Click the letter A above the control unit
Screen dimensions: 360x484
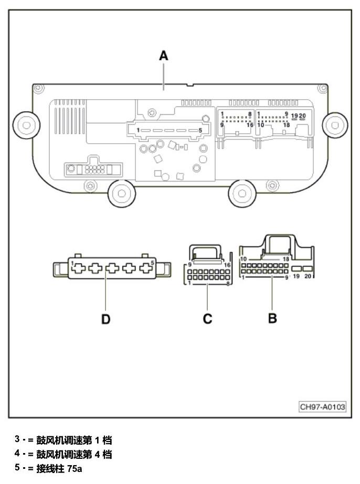click(x=163, y=56)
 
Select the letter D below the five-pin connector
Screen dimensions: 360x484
click(x=105, y=319)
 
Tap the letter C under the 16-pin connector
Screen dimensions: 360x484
click(x=207, y=318)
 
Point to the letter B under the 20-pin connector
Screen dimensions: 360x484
click(x=272, y=318)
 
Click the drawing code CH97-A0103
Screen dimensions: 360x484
click(x=322, y=406)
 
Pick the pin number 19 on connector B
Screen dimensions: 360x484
click(x=296, y=276)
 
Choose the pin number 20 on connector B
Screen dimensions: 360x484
click(x=308, y=276)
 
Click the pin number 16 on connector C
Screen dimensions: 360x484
click(x=227, y=265)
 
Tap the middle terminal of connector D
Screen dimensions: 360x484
click(x=112, y=268)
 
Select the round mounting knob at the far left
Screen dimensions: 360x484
click(x=26, y=125)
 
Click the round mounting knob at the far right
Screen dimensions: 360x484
click(x=335, y=125)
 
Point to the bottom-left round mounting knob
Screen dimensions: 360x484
click(x=121, y=193)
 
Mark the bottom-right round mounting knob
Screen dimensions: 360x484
click(x=242, y=193)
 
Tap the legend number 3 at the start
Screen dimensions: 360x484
click(x=17, y=438)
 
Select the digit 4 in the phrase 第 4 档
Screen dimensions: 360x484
click(x=97, y=454)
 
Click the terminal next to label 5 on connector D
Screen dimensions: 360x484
click(x=146, y=268)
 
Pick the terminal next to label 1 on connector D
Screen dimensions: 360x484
click(x=79, y=268)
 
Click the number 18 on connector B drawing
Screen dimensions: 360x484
click(x=286, y=259)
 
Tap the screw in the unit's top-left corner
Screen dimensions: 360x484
click(x=38, y=88)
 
